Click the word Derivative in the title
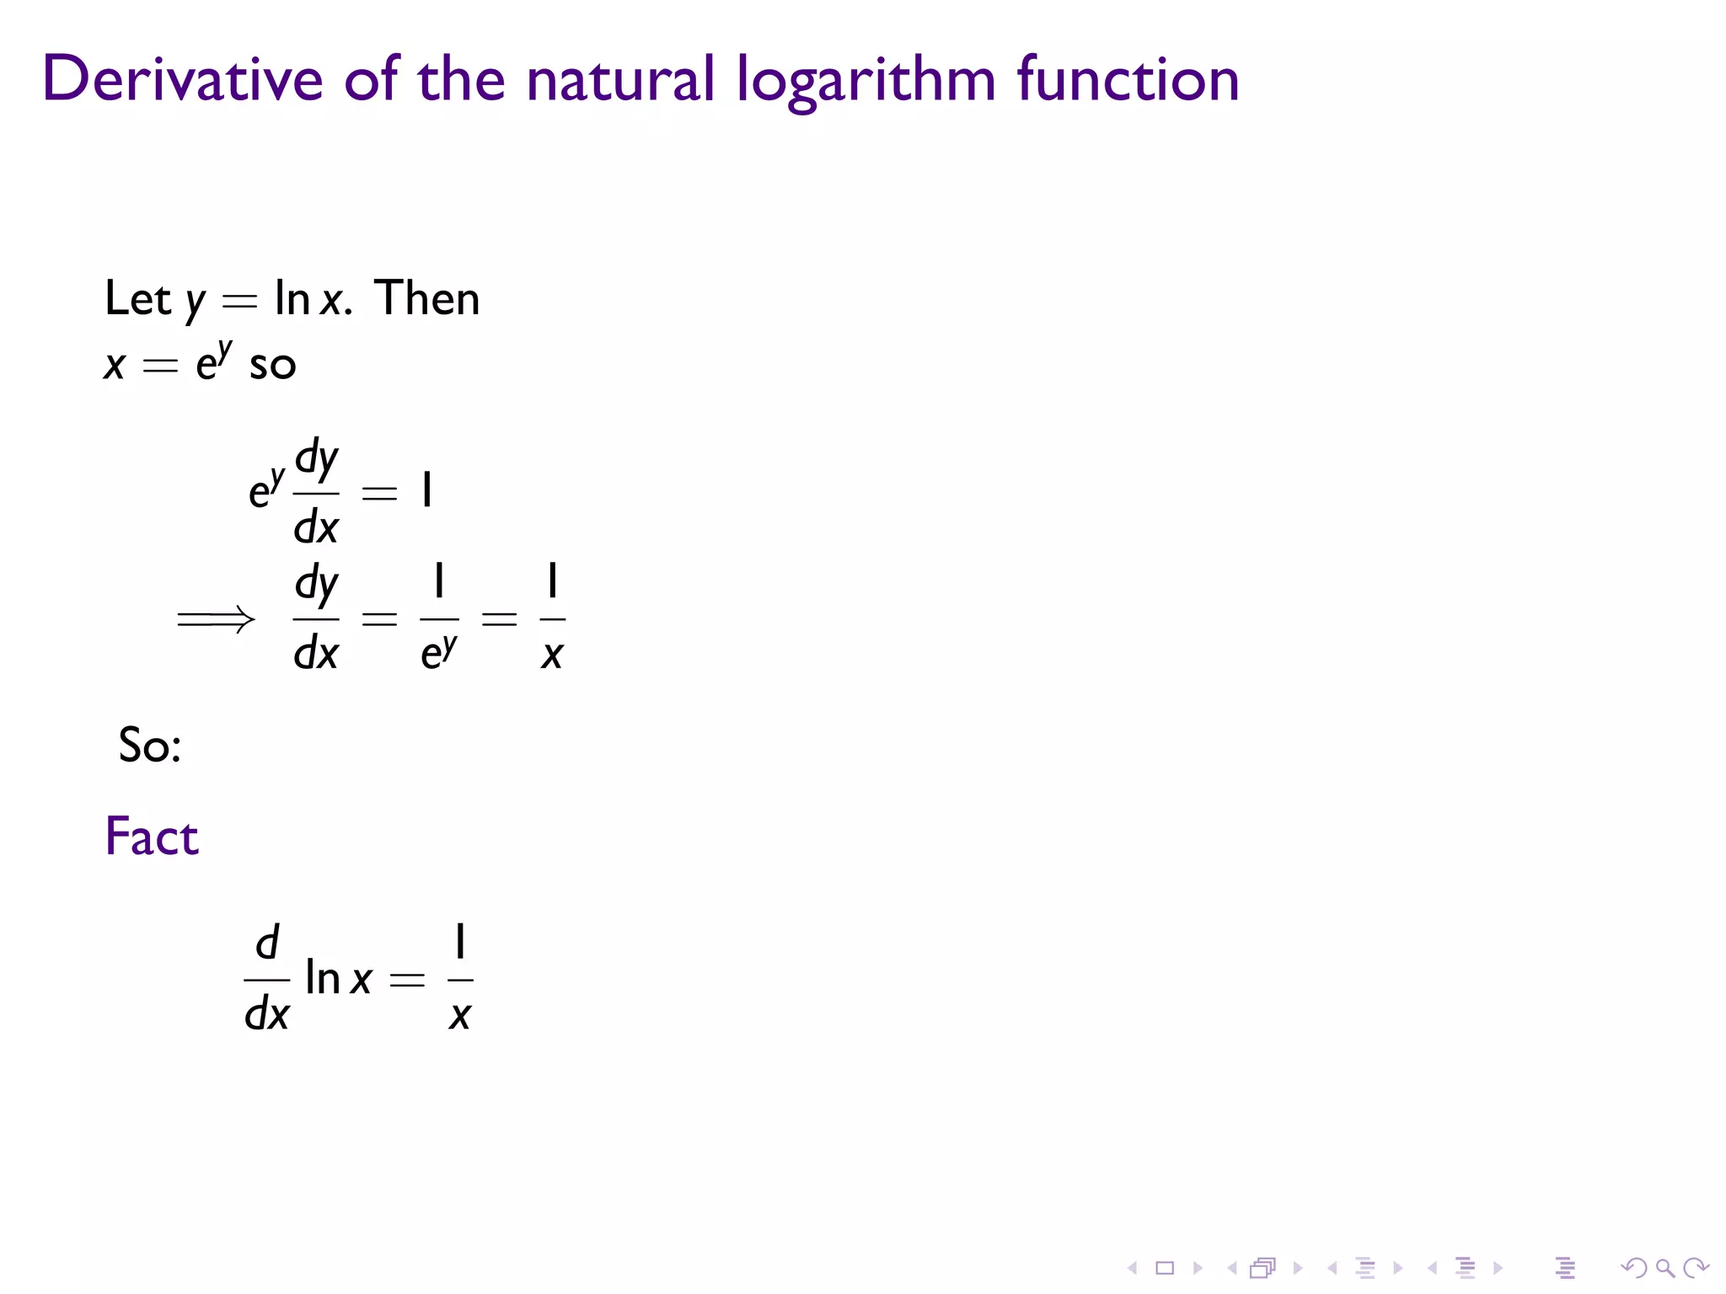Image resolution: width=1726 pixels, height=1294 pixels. (x=182, y=79)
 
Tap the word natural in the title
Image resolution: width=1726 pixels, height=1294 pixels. (x=620, y=79)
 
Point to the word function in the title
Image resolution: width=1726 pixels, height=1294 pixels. (x=1128, y=79)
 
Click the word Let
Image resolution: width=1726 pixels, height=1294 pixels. (x=137, y=298)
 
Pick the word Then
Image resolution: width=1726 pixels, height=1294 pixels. (x=427, y=298)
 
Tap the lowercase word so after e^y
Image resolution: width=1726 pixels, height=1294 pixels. (x=273, y=366)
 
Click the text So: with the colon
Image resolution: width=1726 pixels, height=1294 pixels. (x=150, y=746)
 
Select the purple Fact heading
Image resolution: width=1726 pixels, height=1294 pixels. (x=152, y=837)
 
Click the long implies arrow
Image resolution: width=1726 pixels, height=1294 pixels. (x=216, y=620)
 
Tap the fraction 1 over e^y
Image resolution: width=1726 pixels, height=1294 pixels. (x=439, y=618)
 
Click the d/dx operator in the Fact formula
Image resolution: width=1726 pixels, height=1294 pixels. (x=266, y=979)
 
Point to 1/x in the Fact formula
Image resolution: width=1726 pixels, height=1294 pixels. (x=460, y=979)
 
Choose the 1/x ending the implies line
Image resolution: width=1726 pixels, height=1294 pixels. (x=552, y=618)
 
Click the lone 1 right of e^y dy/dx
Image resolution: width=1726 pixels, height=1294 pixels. (x=427, y=490)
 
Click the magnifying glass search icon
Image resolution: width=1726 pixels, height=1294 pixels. (x=1664, y=1268)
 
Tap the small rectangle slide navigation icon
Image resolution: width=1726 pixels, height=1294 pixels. (x=1165, y=1268)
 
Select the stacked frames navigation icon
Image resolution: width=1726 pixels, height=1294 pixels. (x=1262, y=1268)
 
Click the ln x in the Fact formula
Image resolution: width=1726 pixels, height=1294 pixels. (x=338, y=979)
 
